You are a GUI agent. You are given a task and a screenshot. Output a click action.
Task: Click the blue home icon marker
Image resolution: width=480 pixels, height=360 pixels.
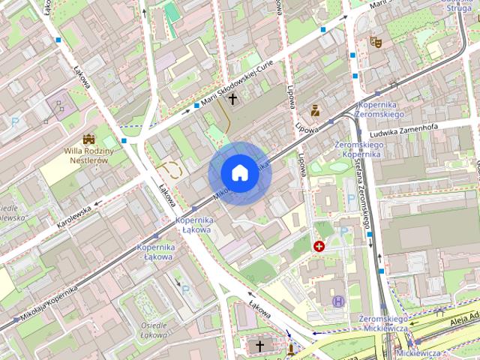pos(239,173)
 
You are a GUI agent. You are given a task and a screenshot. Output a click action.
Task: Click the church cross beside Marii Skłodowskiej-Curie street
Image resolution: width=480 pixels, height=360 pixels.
pos(232,98)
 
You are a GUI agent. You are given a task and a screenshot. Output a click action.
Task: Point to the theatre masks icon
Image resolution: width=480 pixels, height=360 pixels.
pos(376,43)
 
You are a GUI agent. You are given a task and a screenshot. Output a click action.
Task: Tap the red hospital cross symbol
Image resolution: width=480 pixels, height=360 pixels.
pos(319,246)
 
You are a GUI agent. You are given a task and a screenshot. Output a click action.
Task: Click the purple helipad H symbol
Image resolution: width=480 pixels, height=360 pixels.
pos(338,301)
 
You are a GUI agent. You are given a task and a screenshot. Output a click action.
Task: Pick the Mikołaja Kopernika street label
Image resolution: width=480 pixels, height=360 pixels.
pos(49,302)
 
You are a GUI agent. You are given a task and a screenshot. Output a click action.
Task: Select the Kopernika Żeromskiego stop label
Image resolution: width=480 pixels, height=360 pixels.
pos(382,109)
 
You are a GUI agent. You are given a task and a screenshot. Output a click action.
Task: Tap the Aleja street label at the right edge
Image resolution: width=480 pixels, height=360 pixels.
pos(464,316)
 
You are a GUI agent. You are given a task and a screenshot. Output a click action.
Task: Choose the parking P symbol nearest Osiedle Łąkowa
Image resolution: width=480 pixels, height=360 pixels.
pos(185,289)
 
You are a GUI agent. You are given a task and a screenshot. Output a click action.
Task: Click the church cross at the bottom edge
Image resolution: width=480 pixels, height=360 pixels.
pos(260,346)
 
